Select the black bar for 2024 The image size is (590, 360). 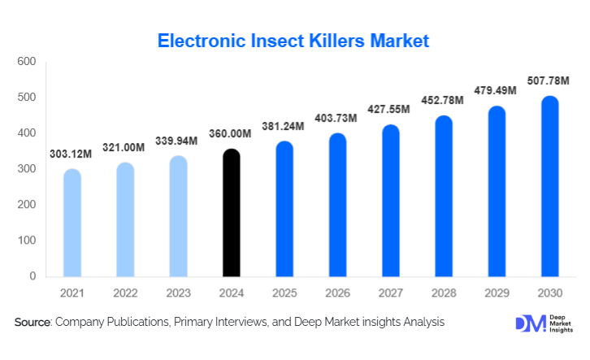231,213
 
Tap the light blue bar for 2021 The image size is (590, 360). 72,223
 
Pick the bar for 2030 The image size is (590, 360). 550,186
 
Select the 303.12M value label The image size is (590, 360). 71,154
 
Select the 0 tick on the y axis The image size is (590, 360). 33,276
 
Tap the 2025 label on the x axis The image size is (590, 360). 284,292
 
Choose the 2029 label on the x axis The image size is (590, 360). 497,292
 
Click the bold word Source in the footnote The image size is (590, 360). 33,323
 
